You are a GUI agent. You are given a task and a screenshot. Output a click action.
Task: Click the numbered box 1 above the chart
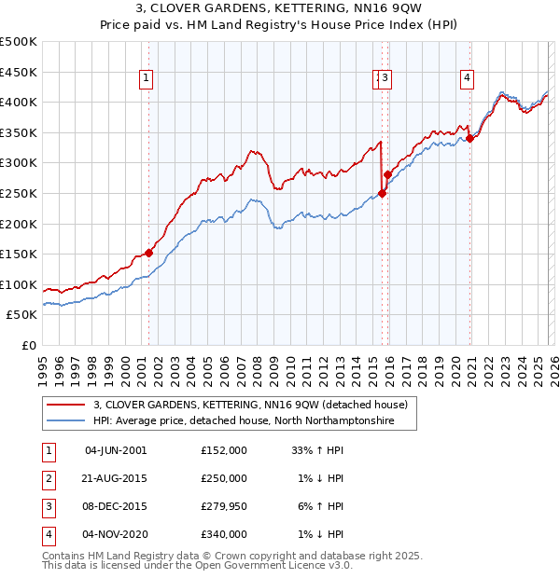[147, 79]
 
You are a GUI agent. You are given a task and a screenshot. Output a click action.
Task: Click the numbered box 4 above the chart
[465, 79]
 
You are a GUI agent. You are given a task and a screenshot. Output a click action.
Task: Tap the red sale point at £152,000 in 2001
[148, 253]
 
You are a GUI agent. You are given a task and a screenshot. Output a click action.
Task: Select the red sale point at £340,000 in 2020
[470, 139]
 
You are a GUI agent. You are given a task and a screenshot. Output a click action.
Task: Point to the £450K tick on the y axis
[20, 72]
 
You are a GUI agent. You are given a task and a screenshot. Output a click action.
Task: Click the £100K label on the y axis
[20, 284]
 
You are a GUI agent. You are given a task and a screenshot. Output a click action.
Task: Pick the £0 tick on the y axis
[29, 345]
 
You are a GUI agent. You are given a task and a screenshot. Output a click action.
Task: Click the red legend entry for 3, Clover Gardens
[250, 406]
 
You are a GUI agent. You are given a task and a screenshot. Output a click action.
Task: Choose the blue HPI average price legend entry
[244, 421]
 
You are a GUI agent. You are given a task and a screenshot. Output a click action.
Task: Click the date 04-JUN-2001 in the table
[116, 449]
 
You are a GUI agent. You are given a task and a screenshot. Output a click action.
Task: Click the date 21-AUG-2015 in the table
[116, 478]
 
